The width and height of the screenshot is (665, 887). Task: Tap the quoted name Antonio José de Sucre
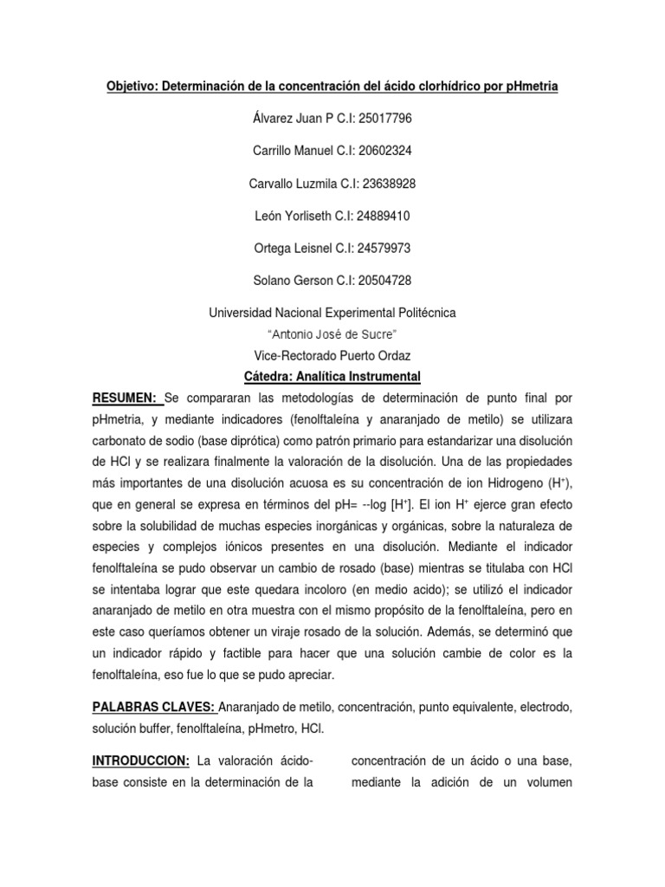click(x=332, y=333)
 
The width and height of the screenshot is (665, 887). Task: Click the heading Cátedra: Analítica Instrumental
click(x=332, y=377)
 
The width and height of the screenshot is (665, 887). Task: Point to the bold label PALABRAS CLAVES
click(x=153, y=708)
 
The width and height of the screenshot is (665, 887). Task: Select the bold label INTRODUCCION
click(x=141, y=761)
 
